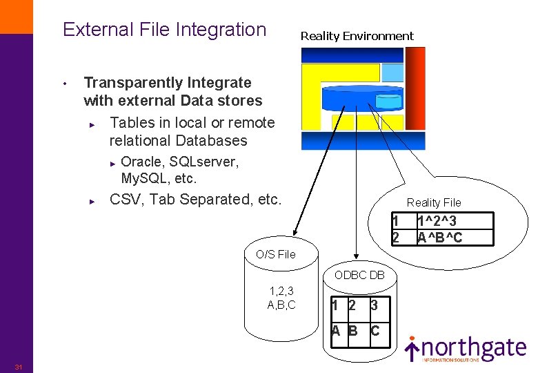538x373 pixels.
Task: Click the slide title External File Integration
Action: (x=164, y=30)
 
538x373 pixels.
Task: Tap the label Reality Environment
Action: (x=357, y=36)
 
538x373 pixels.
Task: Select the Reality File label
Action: (x=433, y=202)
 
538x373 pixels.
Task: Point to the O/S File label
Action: (x=275, y=254)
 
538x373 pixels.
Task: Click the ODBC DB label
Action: (x=359, y=275)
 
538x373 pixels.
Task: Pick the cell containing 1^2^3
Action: (x=439, y=222)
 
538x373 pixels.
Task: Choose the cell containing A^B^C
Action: (x=439, y=238)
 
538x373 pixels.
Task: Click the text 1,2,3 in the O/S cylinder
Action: (x=281, y=291)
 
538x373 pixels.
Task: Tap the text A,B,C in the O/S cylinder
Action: (x=281, y=305)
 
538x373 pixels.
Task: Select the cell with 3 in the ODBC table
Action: (x=374, y=305)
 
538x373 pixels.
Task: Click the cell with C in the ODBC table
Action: (x=375, y=330)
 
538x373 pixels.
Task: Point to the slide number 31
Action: (x=19, y=366)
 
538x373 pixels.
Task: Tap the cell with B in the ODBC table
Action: (x=353, y=330)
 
